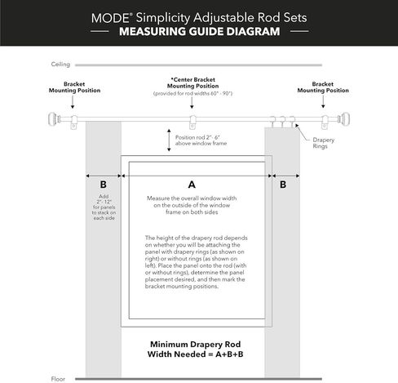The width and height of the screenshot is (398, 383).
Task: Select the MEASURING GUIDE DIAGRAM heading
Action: (198, 33)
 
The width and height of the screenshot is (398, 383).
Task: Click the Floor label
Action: (58, 378)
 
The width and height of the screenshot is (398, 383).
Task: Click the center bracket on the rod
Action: (193, 122)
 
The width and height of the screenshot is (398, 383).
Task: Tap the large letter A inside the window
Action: (192, 185)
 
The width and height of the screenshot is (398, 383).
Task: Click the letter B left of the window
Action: (102, 185)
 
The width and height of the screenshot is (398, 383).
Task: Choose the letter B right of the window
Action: (283, 185)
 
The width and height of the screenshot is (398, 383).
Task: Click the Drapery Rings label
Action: (324, 143)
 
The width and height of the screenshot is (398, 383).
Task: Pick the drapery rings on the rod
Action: (281, 122)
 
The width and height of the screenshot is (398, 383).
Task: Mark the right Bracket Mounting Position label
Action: (323, 87)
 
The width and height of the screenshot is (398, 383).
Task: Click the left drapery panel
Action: (102, 269)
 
